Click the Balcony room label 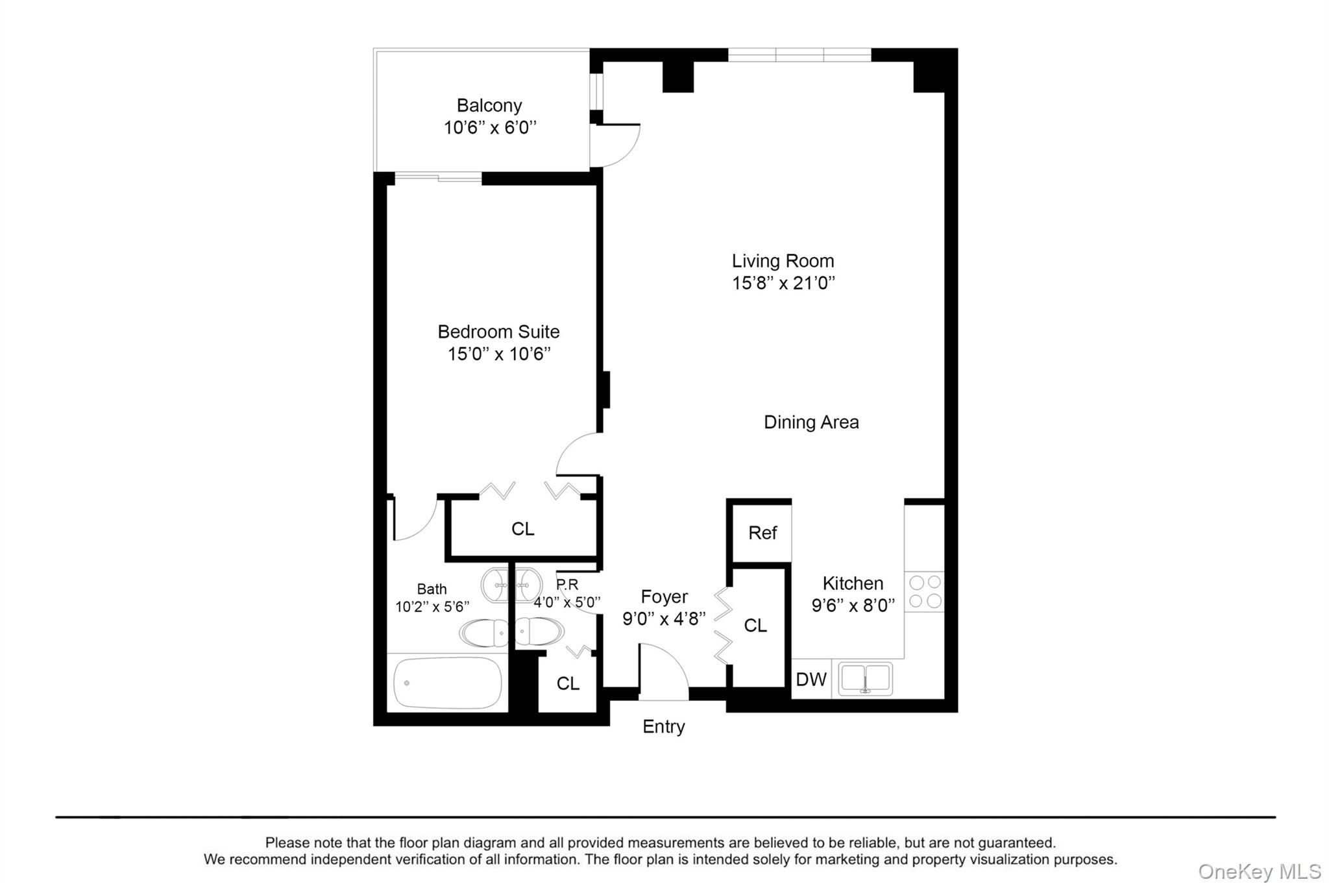[489, 105]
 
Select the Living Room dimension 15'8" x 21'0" [783, 283]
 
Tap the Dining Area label [811, 423]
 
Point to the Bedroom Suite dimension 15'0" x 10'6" [498, 354]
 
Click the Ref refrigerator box [762, 533]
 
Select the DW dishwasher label [811, 680]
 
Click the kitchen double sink [865, 679]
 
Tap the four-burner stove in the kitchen [925, 591]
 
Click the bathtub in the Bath [448, 683]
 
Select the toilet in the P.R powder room [540, 632]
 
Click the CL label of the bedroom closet [522, 529]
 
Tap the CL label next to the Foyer [755, 626]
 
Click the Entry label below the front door [663, 727]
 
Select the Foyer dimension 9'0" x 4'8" [663, 619]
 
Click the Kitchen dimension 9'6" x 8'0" [853, 606]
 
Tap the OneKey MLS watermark [1259, 872]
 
